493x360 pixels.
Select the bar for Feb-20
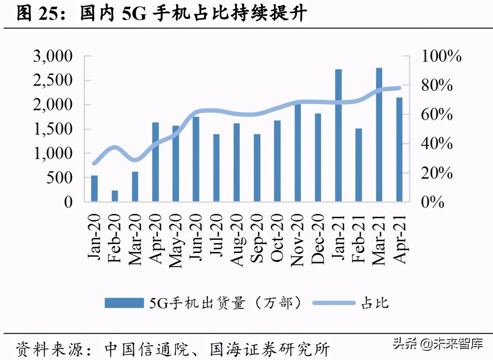click(115, 196)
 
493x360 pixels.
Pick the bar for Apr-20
click(156, 162)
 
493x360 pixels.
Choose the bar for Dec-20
click(318, 157)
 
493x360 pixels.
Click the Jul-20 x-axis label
click(216, 235)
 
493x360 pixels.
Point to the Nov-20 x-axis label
click(297, 240)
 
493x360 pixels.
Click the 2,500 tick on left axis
click(53, 80)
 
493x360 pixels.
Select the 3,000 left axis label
click(53, 56)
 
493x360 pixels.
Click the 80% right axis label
click(437, 85)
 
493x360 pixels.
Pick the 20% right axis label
click(437, 173)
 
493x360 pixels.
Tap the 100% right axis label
click(441, 56)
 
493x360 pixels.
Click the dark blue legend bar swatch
click(124, 303)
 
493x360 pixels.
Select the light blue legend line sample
click(334, 303)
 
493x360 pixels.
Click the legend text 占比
click(375, 303)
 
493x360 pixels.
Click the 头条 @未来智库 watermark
click(438, 344)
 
